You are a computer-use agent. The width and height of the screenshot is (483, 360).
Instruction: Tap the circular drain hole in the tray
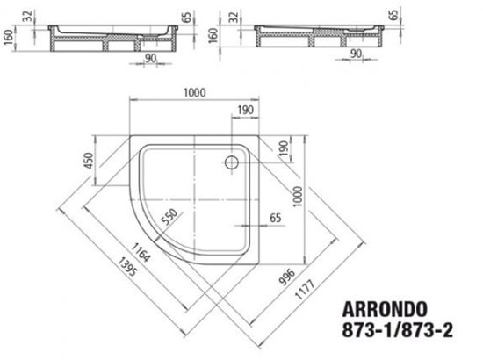pyautogui.click(x=233, y=162)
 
